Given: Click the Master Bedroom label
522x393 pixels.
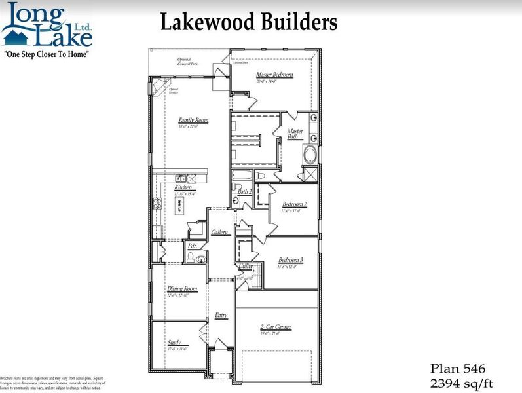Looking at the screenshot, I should (x=274, y=75).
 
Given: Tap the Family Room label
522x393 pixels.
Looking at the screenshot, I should (x=193, y=121).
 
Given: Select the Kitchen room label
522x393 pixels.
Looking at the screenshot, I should (x=183, y=188).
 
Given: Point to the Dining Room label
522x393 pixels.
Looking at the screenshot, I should (x=182, y=288).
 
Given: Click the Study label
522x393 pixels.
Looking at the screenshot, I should (x=174, y=343).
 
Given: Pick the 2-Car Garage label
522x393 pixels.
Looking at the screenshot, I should (x=275, y=327).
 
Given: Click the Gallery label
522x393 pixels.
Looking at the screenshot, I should (x=219, y=233).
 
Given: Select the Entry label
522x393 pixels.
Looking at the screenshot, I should (x=221, y=316).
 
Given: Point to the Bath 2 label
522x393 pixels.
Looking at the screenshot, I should (x=245, y=191).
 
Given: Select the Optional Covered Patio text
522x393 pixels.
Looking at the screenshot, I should (x=188, y=62).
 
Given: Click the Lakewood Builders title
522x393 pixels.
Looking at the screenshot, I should (x=249, y=23).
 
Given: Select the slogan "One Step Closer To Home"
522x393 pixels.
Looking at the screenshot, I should (x=47, y=53).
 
